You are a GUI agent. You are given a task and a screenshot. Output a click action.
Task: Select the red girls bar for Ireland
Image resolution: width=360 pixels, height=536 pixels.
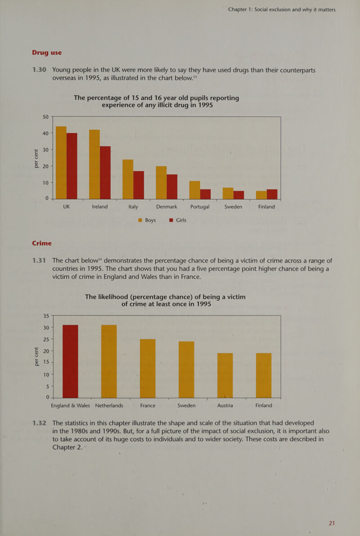coord(105,173)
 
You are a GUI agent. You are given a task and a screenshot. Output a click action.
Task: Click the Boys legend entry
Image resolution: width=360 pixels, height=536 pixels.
coord(146,220)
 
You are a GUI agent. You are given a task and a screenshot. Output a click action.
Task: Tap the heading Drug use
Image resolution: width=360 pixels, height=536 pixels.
coord(47,53)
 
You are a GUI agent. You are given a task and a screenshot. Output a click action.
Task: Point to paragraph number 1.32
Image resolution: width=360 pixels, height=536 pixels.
coord(40,423)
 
